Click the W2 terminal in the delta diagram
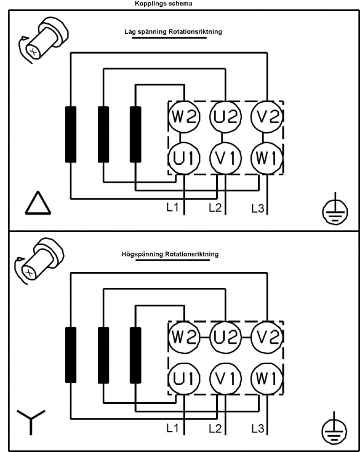[184, 117]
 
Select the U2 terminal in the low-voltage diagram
[226, 117]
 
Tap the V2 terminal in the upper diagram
[267, 117]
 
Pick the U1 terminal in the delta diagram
[184, 158]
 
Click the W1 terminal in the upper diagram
[267, 158]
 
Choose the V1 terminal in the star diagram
[226, 378]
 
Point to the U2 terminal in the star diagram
[226, 337]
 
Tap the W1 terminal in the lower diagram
[267, 378]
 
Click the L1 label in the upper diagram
[172, 207]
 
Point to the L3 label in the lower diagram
[258, 429]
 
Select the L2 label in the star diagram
[215, 429]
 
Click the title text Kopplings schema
[164, 4]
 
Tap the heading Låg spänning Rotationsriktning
[173, 31]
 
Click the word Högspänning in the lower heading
[142, 254]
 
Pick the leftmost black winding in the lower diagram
[71, 355]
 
